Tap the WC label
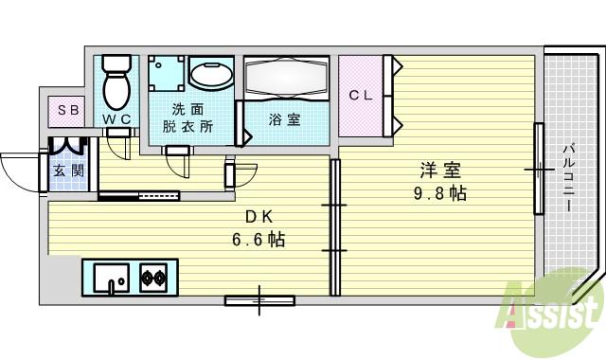click(117, 118)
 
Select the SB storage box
click(68, 110)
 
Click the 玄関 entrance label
click(68, 171)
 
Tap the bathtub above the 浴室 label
click(287, 77)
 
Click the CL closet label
click(360, 96)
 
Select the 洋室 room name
click(440, 171)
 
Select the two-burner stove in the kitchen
click(154, 279)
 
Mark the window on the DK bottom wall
click(259, 302)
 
